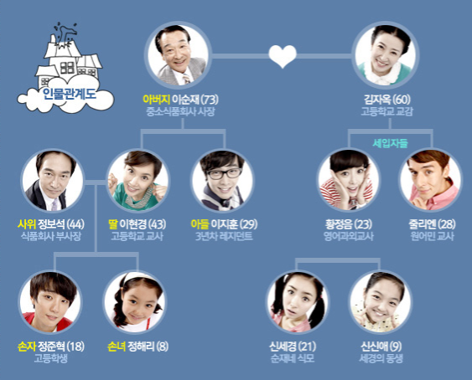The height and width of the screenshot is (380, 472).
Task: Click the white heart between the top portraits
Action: click(283, 56)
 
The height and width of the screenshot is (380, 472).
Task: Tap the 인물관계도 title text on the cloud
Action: click(69, 94)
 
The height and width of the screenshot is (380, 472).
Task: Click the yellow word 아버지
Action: click(157, 100)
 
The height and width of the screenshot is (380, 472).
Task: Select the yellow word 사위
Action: click(27, 224)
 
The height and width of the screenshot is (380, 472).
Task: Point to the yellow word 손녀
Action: click(117, 347)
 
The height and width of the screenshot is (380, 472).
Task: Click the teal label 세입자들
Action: click(390, 143)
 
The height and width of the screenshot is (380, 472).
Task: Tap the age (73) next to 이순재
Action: click(210, 100)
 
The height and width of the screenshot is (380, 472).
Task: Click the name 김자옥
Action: click(377, 100)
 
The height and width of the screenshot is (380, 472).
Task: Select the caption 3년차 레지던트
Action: click(224, 236)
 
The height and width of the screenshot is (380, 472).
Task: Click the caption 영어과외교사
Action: click(349, 236)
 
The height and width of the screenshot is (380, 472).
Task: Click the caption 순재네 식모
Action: click(293, 358)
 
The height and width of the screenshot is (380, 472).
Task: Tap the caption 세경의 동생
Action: click(381, 358)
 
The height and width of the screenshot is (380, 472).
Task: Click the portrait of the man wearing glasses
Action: click(223, 181)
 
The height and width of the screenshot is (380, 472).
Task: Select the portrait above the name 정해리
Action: click(134, 302)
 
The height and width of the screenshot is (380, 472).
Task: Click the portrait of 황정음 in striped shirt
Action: click(350, 180)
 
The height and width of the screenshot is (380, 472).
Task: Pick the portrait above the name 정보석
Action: click(53, 181)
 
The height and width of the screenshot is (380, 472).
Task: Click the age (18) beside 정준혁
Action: click(75, 347)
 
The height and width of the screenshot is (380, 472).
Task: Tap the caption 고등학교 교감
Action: click(386, 111)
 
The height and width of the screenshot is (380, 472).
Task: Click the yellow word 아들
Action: click(200, 224)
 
